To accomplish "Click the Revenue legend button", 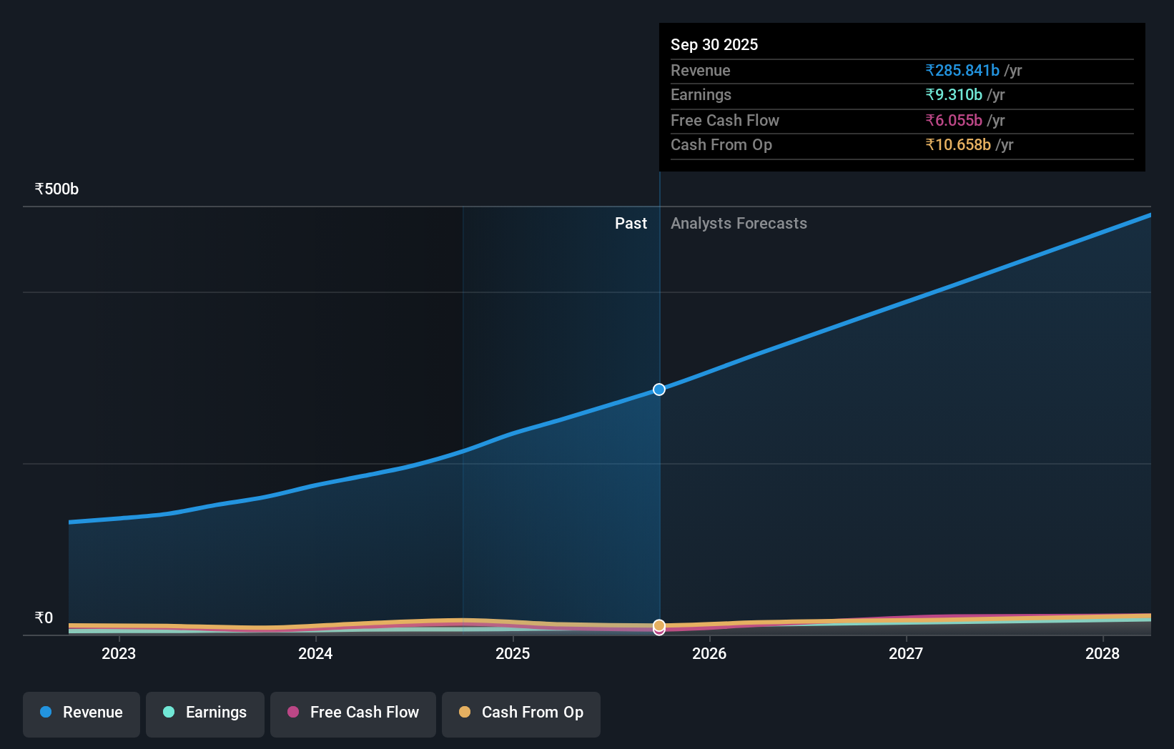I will pyautogui.click(x=82, y=713).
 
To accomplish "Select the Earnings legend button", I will pyautogui.click(x=205, y=713).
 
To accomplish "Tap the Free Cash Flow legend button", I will pyautogui.click(x=353, y=713).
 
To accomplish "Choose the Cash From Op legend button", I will pyautogui.click(x=521, y=713).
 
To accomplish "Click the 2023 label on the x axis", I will pyautogui.click(x=119, y=653).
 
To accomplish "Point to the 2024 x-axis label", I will pyautogui.click(x=315, y=653).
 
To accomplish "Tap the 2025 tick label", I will pyautogui.click(x=513, y=653).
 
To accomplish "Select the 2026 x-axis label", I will pyautogui.click(x=709, y=653).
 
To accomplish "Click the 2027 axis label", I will pyautogui.click(x=906, y=653).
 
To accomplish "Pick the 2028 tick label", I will pyautogui.click(x=1103, y=653).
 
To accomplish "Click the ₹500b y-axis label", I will pyautogui.click(x=56, y=189).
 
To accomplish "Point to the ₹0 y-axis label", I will pyautogui.click(x=44, y=618).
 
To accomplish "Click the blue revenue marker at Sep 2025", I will pyautogui.click(x=659, y=390).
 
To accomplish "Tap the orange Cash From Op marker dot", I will pyautogui.click(x=659, y=625).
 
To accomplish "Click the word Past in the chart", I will pyautogui.click(x=631, y=224).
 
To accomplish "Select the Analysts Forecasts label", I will pyautogui.click(x=739, y=224).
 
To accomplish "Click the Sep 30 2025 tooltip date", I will pyautogui.click(x=714, y=44).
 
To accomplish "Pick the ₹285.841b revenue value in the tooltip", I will pyautogui.click(x=962, y=70).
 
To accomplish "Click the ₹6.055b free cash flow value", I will pyautogui.click(x=954, y=120).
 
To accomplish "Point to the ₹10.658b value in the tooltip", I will pyautogui.click(x=958, y=144).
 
